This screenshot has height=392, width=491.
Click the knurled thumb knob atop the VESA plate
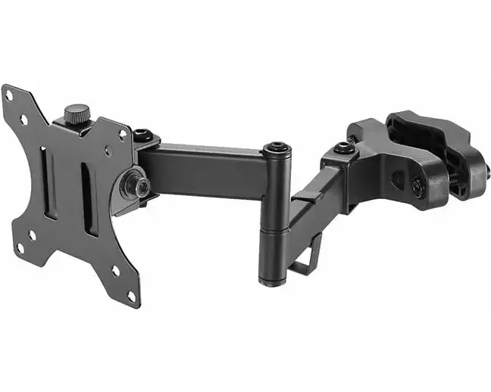click(77, 116)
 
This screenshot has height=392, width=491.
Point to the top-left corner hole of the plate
click(9, 96)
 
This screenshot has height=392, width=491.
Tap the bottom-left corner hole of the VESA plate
click(20, 247)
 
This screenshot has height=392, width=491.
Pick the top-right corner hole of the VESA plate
click(122, 133)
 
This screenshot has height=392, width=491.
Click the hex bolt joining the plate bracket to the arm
click(141, 136)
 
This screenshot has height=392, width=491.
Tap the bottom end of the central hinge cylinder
click(274, 281)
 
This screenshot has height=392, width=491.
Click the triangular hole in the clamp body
click(397, 179)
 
